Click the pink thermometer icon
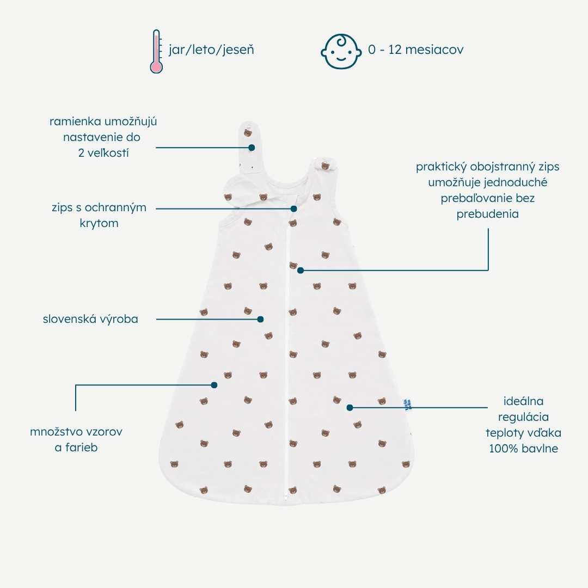156,51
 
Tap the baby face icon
341,51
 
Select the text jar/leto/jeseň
211,50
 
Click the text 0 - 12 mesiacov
415,50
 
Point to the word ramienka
75,121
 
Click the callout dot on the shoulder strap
252,148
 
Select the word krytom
99,224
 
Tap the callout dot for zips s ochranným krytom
294,209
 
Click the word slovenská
66,318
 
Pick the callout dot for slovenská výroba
260,319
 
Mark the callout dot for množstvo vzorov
214,385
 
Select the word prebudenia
487,214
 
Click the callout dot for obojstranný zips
301,270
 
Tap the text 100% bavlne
524,449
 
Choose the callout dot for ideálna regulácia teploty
350,408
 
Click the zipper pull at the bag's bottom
286,497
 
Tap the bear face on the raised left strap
248,133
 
